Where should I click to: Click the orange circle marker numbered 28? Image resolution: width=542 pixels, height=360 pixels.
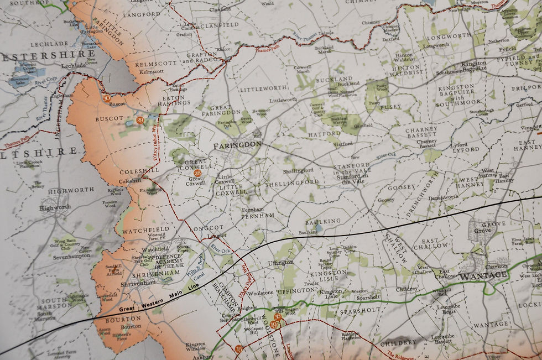[197, 173]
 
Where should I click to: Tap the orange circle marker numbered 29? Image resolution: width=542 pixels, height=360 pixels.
[139, 120]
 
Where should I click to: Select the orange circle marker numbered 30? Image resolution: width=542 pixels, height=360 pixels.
[107, 98]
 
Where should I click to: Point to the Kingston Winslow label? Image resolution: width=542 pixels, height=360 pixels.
[195, 346]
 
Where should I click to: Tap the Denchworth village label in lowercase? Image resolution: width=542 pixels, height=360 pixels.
[442, 197]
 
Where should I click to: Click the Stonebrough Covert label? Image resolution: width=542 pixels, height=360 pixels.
[481, 112]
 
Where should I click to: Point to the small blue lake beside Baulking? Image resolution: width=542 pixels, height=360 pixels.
[319, 226]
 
